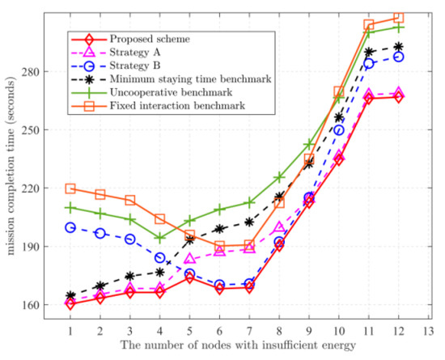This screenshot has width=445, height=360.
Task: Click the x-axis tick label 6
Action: click(x=219, y=331)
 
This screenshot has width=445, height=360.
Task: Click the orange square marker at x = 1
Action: click(x=70, y=188)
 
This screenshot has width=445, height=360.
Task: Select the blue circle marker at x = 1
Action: click(x=70, y=227)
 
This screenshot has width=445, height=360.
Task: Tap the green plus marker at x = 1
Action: click(x=70, y=208)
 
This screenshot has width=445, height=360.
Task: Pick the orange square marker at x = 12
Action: click(x=398, y=18)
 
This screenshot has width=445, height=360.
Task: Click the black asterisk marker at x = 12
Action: click(x=398, y=47)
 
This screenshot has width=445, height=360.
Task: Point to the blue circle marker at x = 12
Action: click(x=398, y=57)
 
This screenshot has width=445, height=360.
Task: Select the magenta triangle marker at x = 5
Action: click(x=189, y=259)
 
